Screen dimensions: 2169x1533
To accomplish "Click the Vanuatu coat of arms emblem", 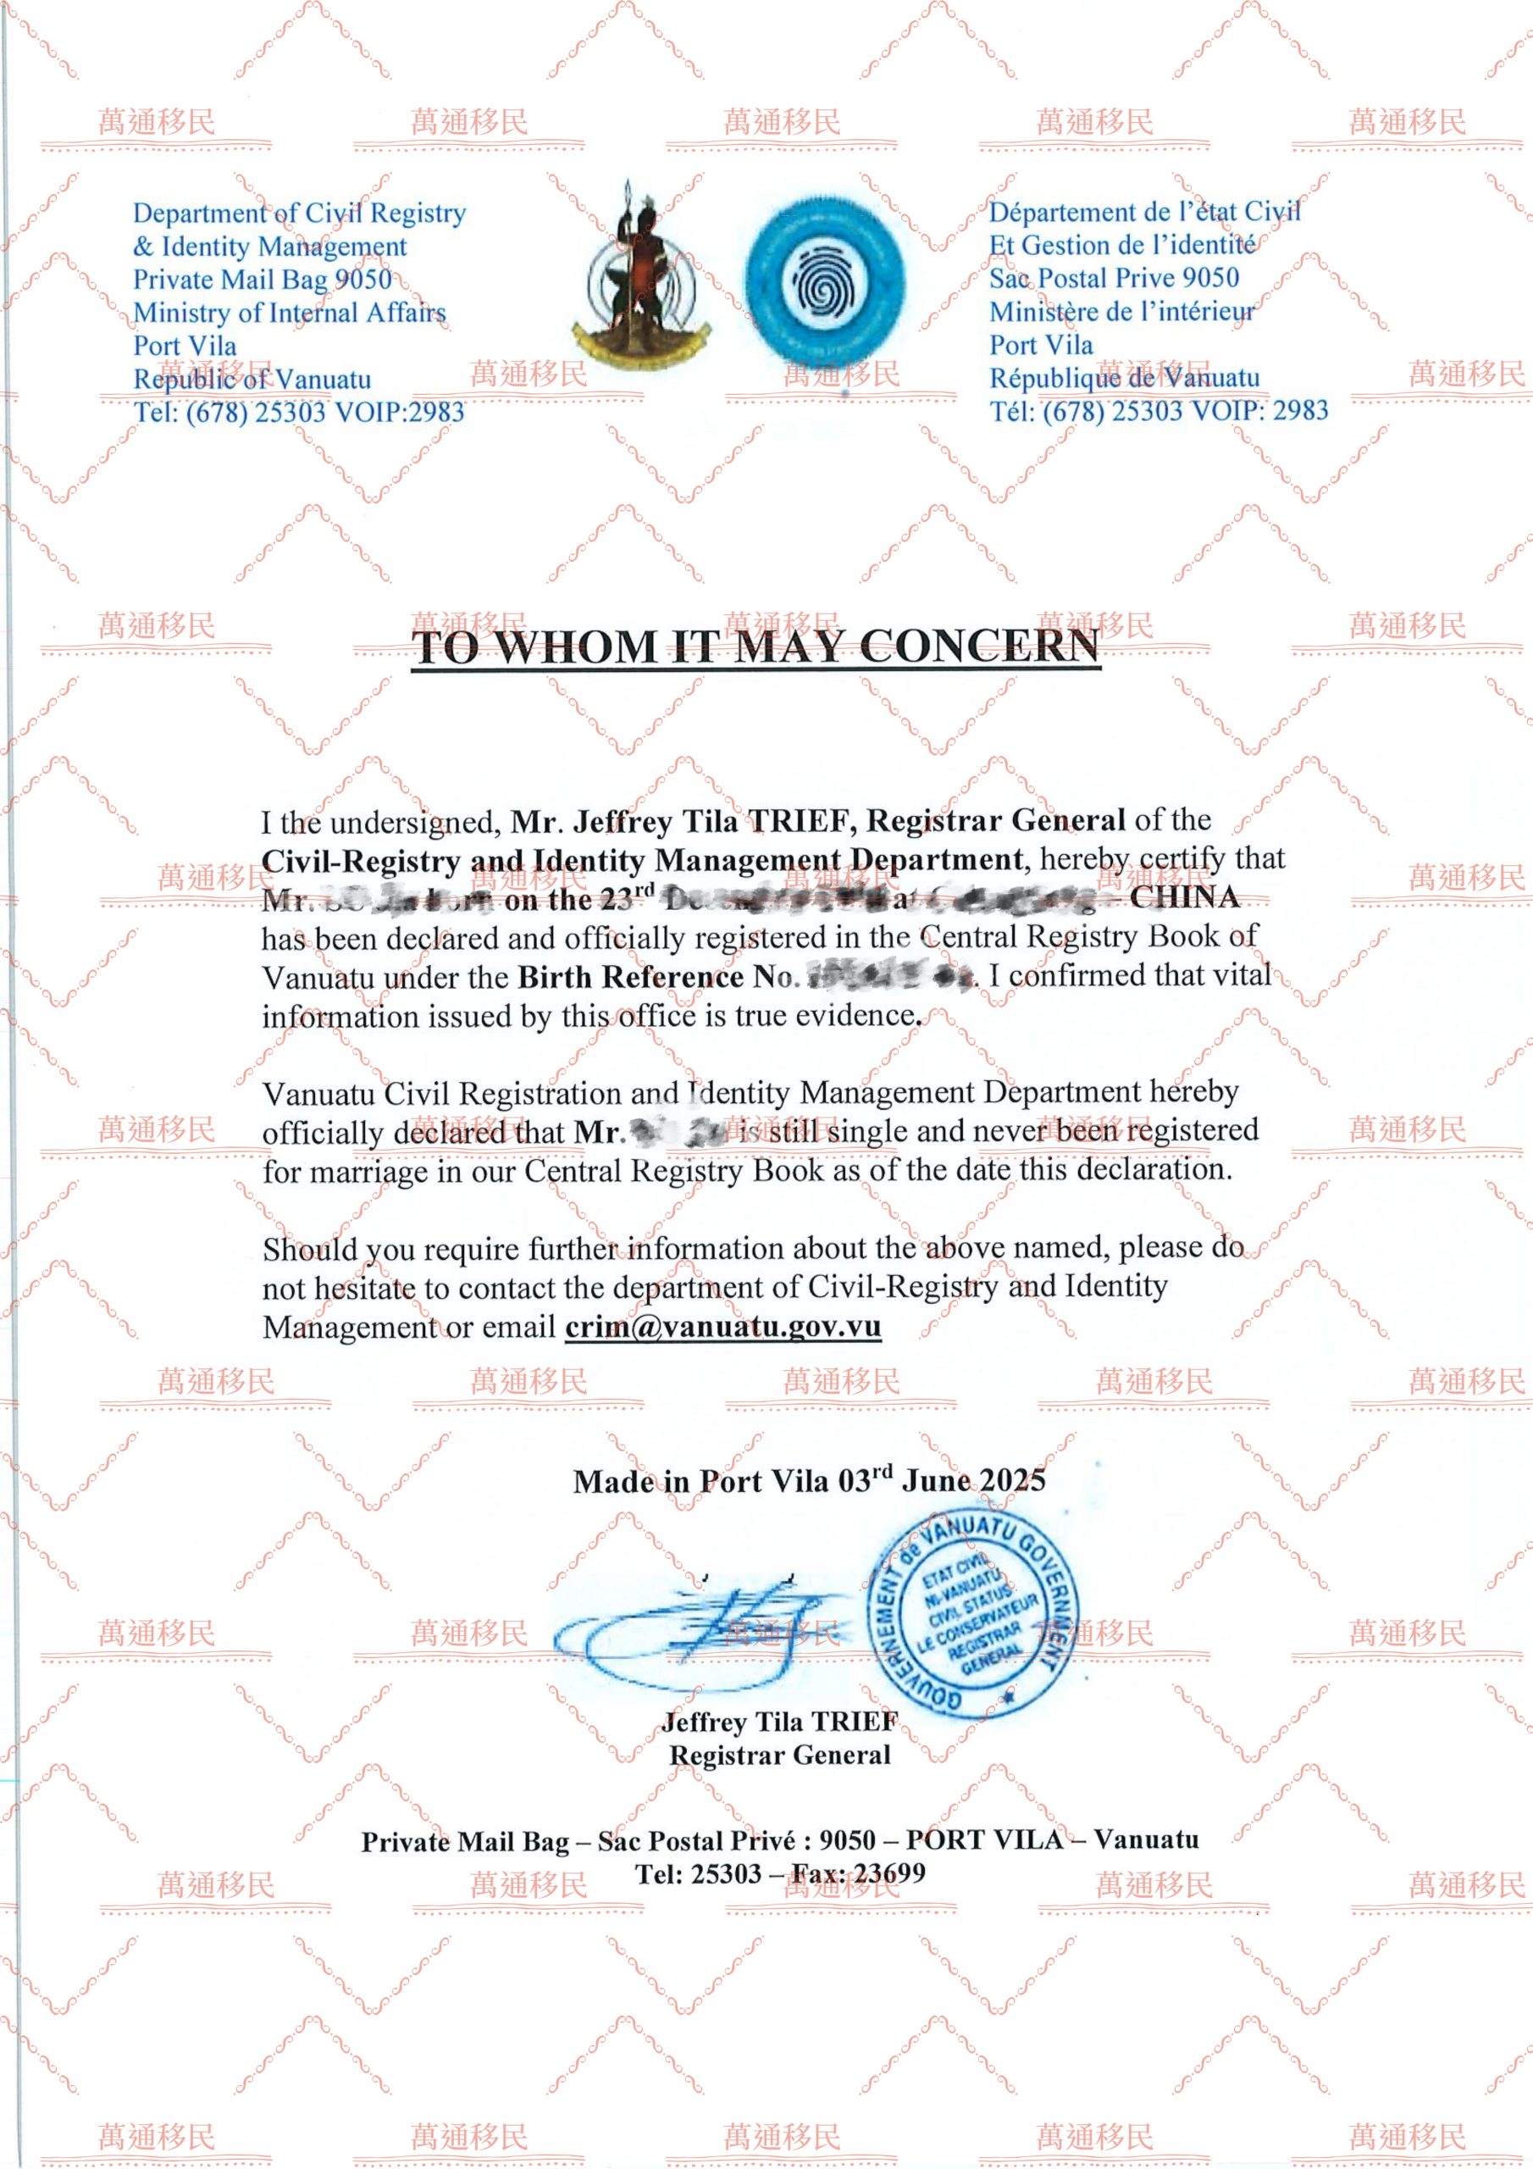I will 639,279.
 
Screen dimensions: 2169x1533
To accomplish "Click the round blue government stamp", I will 973,1613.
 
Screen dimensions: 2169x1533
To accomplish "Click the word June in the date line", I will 935,1480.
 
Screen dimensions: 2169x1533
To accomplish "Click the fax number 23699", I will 891,1872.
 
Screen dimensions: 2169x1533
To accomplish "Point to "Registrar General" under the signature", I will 780,1755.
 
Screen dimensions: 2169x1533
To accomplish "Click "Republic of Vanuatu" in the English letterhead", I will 252,379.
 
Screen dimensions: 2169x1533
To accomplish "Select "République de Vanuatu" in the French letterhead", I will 1124,378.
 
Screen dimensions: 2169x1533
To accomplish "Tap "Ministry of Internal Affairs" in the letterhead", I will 289,313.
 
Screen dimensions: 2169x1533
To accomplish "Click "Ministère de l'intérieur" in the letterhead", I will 1122,312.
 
